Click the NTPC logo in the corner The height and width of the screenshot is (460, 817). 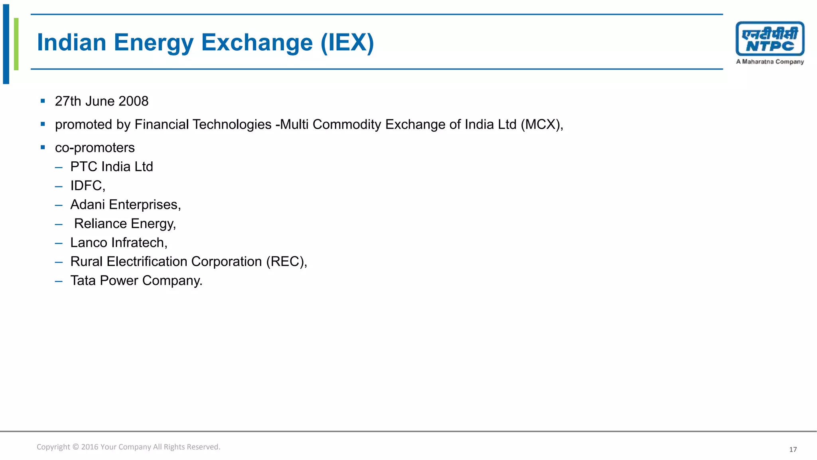pos(770,39)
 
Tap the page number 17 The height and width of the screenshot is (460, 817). pos(793,450)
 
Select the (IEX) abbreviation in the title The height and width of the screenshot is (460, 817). pos(347,42)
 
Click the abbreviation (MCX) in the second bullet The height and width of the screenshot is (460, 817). pos(541,125)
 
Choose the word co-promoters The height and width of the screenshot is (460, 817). pos(95,148)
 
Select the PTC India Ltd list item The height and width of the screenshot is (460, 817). pos(112,167)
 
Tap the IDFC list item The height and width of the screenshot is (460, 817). pos(88,186)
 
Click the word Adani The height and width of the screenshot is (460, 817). pos(88,204)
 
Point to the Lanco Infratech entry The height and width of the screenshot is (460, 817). pos(118,243)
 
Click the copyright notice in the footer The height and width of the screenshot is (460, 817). pos(128,447)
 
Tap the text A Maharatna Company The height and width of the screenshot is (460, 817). pos(770,62)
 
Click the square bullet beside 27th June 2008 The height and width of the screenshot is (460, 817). pos(43,101)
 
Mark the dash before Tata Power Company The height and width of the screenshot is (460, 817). pos(59,281)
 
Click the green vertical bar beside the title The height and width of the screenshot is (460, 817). pos(16,44)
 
